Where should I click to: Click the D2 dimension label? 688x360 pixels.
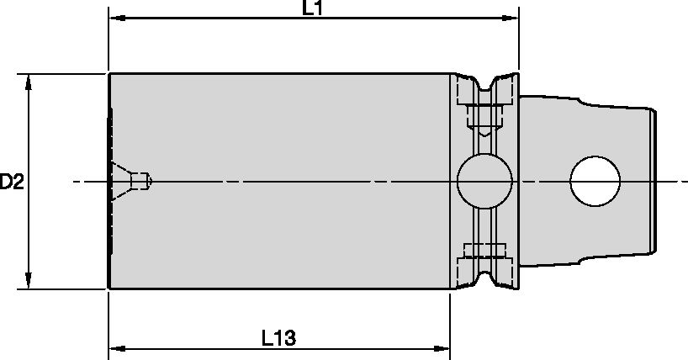11,181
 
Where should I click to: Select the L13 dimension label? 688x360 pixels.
278,338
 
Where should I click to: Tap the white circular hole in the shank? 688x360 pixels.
595,181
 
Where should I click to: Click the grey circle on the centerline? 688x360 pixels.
484,181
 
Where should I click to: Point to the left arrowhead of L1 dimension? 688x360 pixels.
114,18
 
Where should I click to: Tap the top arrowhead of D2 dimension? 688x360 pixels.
29,80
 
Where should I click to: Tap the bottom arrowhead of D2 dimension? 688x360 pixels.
29,282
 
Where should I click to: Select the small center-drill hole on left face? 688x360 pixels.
137,180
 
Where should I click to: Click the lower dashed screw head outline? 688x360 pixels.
484,251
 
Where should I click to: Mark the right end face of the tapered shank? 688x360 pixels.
654,181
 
